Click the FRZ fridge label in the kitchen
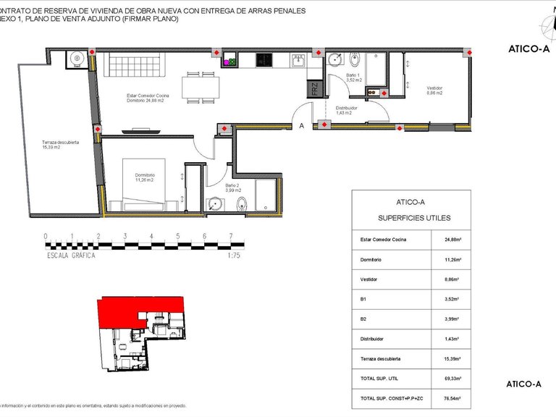[x=315, y=90]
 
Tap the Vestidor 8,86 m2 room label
[x=434, y=91]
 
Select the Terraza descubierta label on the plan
[x=60, y=145]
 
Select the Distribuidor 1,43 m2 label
[x=343, y=110]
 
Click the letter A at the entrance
[x=301, y=125]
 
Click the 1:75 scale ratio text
[x=233, y=255]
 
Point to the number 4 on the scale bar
[x=151, y=237]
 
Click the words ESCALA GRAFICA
[x=71, y=255]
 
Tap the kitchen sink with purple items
[x=231, y=62]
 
